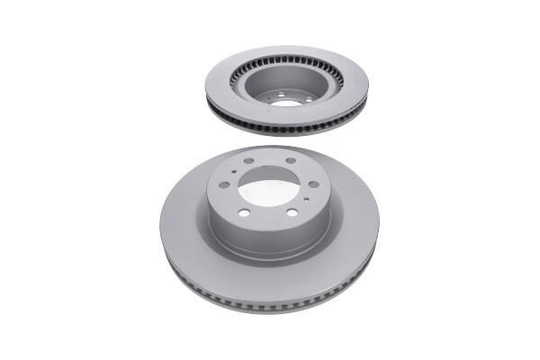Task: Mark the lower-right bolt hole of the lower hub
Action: (292, 211)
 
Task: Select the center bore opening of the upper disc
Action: (285, 102)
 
